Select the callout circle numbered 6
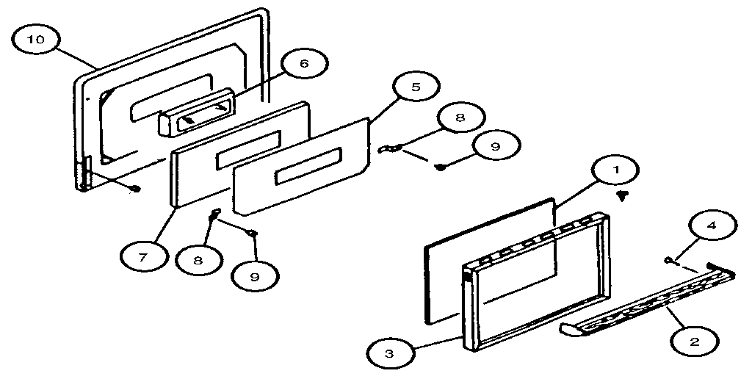tap(304, 64)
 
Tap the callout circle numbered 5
tap(416, 87)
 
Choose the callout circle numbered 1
tap(617, 170)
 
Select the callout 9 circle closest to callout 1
tap(494, 146)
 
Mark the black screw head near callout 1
tap(623, 195)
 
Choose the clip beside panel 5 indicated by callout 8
tap(388, 149)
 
